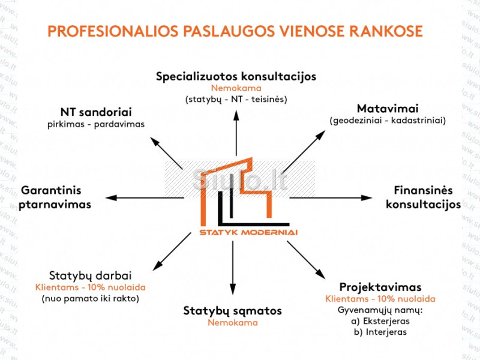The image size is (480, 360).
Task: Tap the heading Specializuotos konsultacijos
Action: (236, 77)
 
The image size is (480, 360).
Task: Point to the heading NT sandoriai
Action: (96, 112)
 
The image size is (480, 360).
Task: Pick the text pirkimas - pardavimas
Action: (96, 124)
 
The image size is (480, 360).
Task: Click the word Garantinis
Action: (51, 191)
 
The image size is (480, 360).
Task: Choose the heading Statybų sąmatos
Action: (232, 311)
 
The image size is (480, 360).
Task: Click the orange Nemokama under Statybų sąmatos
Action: (233, 323)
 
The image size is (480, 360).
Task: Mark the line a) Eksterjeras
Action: (380, 321)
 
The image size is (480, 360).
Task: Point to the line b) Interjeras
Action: (380, 332)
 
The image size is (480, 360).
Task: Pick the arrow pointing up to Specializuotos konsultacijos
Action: (236, 132)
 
